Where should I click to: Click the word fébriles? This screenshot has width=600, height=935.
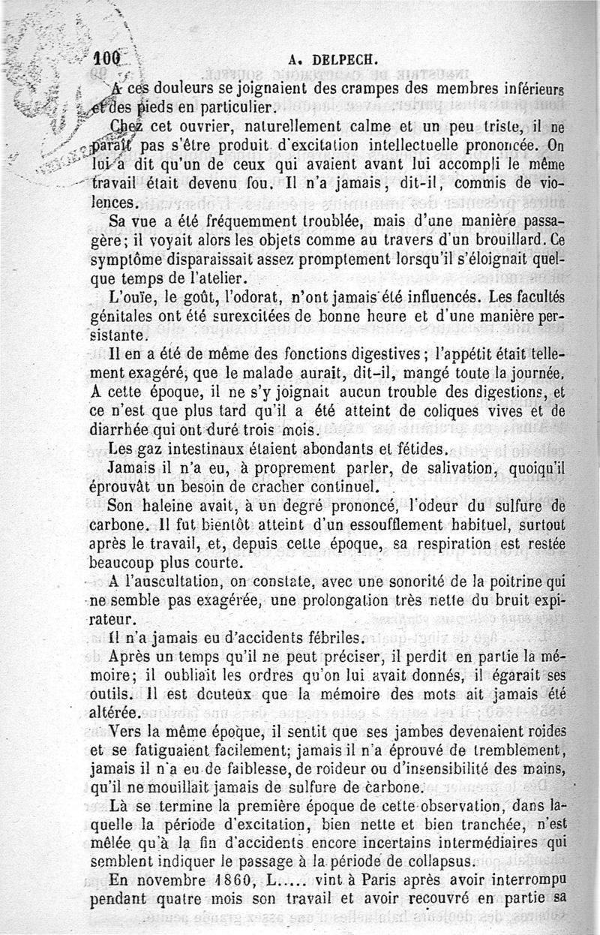(x=325, y=639)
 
